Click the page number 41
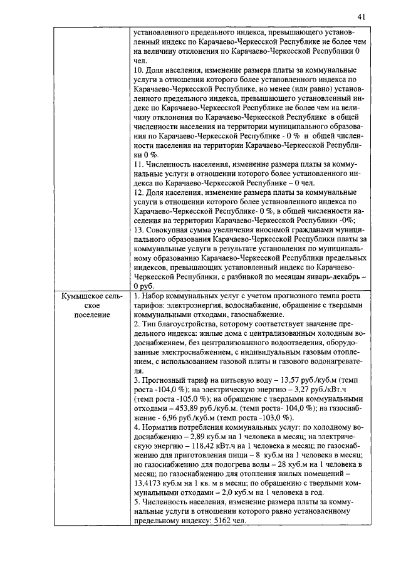362,17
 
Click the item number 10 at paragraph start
140,70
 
